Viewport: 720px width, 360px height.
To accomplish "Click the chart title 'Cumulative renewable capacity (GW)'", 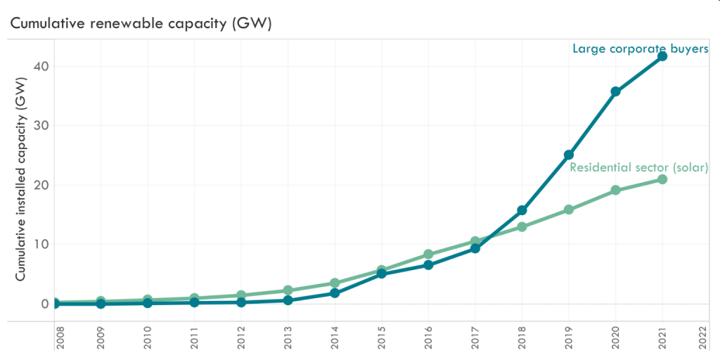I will click(141, 23).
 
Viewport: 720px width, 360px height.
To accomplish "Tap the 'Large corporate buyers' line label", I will click(640, 49).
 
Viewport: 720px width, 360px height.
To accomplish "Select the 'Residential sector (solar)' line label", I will click(638, 167).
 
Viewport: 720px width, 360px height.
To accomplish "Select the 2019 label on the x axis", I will click(568, 337).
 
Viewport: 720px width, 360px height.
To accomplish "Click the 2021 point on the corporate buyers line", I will click(662, 56).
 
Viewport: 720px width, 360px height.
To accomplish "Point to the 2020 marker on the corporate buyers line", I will click(615, 91).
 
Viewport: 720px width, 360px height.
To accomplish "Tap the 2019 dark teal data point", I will click(569, 155).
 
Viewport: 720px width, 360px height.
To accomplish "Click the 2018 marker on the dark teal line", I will click(522, 210).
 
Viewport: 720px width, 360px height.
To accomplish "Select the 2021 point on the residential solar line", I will click(662, 179).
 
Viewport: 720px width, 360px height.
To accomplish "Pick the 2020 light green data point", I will click(615, 191).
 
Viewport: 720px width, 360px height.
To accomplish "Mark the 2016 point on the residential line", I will click(428, 255).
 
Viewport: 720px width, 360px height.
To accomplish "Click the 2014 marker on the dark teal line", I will click(335, 293).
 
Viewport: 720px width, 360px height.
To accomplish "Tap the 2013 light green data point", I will click(288, 290).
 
